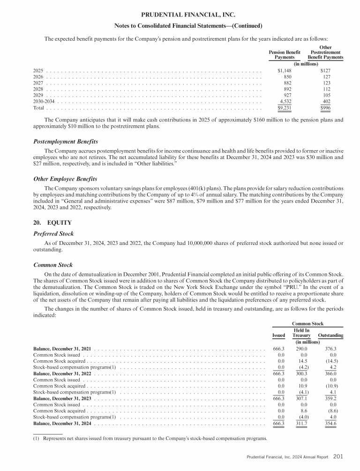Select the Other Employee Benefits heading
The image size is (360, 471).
[x=65, y=179]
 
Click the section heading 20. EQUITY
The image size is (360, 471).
[x=52, y=222]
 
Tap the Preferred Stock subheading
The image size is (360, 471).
[x=54, y=233]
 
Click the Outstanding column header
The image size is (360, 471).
[x=330, y=335]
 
